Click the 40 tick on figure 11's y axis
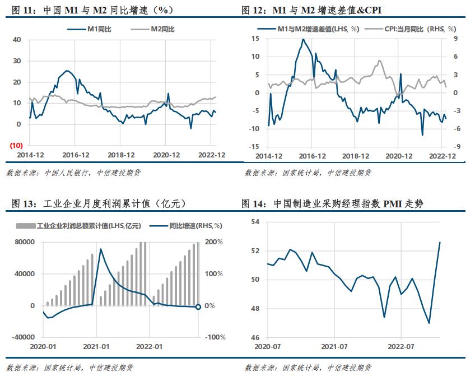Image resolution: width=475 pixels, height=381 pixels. (x=16, y=40)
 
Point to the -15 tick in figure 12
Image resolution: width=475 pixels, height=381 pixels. (x=255, y=147)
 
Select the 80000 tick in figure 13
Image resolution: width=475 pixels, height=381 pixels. (x=25, y=242)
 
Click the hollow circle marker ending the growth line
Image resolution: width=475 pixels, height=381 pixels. (x=198, y=307)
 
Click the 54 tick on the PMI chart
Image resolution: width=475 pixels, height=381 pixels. (x=255, y=222)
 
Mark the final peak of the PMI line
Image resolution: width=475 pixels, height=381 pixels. (x=440, y=242)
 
